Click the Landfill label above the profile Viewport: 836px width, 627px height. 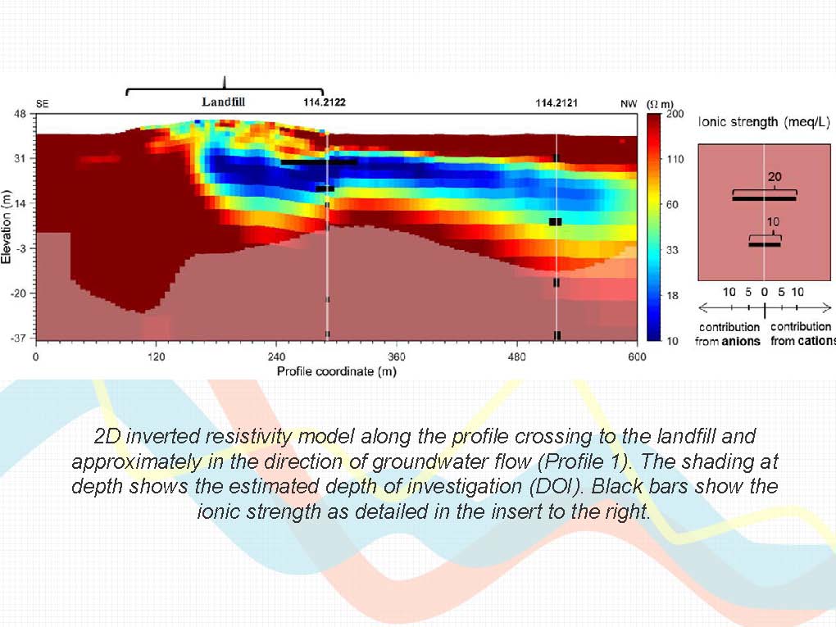pyautogui.click(x=224, y=102)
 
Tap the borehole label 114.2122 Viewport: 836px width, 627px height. pyautogui.click(x=325, y=102)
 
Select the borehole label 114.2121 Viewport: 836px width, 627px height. pyautogui.click(x=557, y=103)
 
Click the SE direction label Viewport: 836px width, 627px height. pyautogui.click(x=42, y=104)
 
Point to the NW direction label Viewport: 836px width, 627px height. pyautogui.click(x=629, y=104)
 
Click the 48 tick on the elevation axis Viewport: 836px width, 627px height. pyautogui.click(x=19, y=114)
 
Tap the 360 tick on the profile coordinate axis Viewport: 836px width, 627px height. pyautogui.click(x=396, y=357)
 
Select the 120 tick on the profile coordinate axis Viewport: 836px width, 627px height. pyautogui.click(x=156, y=357)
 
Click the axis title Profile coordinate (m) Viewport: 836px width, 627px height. pyautogui.click(x=336, y=371)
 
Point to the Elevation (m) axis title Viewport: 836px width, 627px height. pyautogui.click(x=7, y=226)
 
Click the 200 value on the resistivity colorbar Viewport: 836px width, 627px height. pyautogui.click(x=675, y=114)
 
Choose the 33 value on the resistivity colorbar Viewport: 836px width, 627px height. pyautogui.click(x=672, y=250)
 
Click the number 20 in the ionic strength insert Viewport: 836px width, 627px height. pyautogui.click(x=775, y=176)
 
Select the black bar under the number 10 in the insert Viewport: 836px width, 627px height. pyautogui.click(x=765, y=245)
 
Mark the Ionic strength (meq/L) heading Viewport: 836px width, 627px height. pyautogui.click(x=764, y=122)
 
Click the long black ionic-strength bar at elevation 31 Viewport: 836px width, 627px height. pyautogui.click(x=319, y=161)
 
